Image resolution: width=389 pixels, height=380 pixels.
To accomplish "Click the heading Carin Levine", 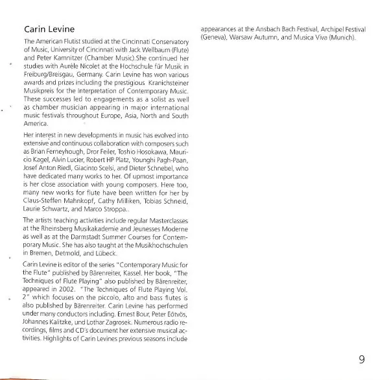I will [49, 29].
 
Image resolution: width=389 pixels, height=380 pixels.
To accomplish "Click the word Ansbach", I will [266, 29].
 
